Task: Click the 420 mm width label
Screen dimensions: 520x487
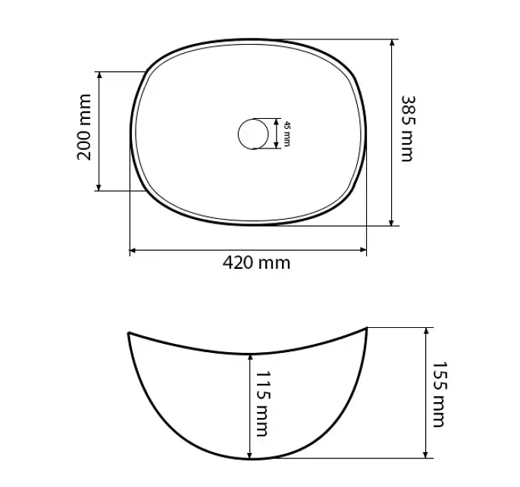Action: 256,263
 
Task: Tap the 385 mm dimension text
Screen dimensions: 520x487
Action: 408,129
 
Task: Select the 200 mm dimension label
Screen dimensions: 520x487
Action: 84,127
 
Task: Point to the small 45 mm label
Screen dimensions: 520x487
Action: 287,134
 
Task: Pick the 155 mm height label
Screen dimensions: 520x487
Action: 440,395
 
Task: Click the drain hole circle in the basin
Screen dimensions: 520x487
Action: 253,134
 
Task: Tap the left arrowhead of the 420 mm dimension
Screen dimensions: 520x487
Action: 133,250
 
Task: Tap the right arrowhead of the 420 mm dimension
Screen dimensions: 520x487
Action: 363,250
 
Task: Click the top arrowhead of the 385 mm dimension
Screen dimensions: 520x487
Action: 392,43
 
